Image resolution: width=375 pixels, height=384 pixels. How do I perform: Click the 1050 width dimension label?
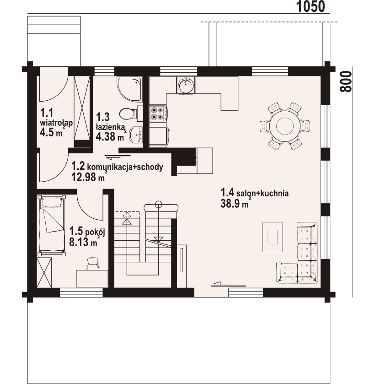tap(311, 6)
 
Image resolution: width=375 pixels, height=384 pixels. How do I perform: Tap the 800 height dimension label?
tap(346, 81)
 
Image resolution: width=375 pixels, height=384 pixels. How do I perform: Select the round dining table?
tap(284, 126)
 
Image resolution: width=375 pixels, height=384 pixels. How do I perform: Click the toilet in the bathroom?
tap(128, 114)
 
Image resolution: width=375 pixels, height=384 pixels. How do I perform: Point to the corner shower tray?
tap(129, 90)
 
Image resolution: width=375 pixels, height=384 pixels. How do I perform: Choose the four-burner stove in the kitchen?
tap(158, 114)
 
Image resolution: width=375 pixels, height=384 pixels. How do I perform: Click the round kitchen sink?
tap(186, 85)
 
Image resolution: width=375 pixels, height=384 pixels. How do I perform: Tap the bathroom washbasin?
tap(136, 135)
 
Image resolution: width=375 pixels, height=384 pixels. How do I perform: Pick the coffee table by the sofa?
tap(273, 237)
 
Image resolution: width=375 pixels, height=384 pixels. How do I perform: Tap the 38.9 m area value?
tap(235, 204)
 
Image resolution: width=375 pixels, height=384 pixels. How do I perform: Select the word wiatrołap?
tap(56, 123)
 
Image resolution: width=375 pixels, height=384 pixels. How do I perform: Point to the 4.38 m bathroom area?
tap(110, 137)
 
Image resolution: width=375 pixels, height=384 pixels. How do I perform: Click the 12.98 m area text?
tap(88, 177)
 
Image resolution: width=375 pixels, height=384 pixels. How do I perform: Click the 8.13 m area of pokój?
tap(83, 242)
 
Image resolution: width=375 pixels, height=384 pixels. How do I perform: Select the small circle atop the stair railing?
tap(159, 203)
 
